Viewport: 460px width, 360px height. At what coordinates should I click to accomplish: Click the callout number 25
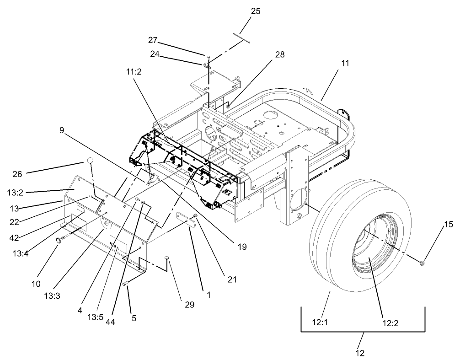point(256,11)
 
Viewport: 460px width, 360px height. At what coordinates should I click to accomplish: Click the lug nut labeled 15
point(422,263)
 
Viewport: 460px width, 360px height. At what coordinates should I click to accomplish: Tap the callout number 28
point(279,54)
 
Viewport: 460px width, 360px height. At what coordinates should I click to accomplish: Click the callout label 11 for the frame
point(345,63)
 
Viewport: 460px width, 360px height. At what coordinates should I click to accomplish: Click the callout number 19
point(242,247)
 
